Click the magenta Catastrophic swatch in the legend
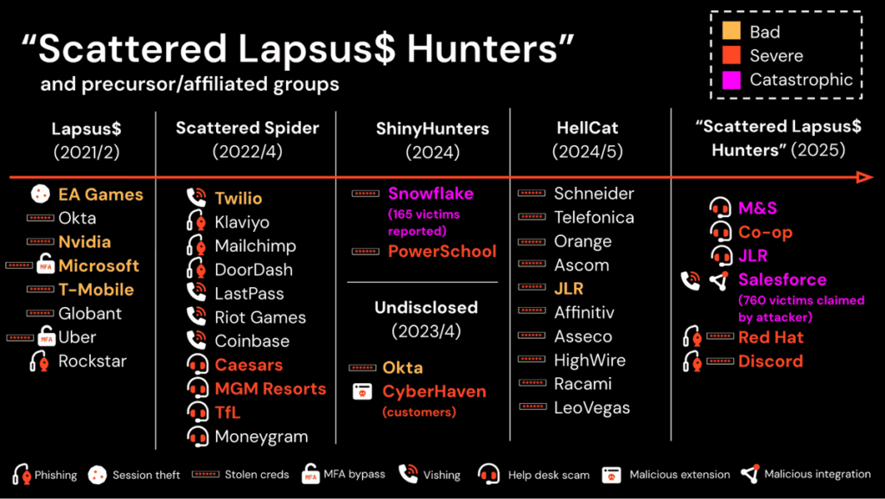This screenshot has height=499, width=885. [731, 80]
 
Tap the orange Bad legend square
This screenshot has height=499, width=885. [731, 33]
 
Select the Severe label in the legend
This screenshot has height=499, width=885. [776, 56]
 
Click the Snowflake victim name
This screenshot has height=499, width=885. [430, 193]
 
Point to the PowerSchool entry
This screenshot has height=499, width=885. [442, 252]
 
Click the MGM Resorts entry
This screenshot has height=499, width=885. [271, 389]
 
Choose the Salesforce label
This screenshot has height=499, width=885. [782, 280]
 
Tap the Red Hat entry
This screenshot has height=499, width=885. [771, 337]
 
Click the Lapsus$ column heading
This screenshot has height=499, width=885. [86, 129]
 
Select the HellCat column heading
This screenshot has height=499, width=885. [587, 129]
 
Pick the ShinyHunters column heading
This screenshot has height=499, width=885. [432, 129]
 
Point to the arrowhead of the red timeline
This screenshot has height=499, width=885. [864, 177]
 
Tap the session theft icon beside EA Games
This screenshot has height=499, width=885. [40, 194]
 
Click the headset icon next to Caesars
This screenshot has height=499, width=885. [198, 365]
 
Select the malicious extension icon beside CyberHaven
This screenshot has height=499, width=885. [362, 392]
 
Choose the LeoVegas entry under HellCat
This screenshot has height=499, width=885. [592, 408]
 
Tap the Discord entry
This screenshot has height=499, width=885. [770, 361]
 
